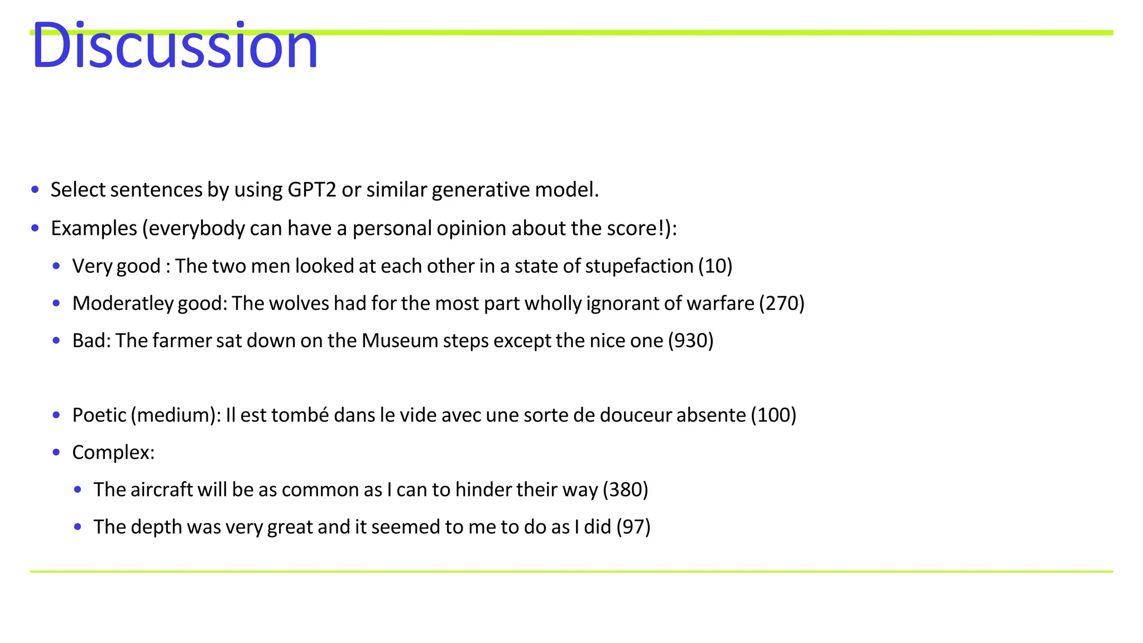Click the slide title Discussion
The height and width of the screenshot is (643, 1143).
[174, 46]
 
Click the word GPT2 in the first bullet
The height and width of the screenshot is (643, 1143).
[312, 190]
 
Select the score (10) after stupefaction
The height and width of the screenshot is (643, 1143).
[715, 266]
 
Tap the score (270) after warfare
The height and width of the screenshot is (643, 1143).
[781, 304]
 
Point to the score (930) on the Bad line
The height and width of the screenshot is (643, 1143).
[690, 340]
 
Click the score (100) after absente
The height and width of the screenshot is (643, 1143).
[773, 415]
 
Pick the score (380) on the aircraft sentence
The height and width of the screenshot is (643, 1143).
[625, 490]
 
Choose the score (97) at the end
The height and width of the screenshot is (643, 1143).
[633, 527]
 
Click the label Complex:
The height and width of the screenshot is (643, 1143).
[113, 453]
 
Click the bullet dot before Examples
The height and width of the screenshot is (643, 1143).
[35, 228]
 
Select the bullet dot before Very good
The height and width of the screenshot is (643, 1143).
[56, 266]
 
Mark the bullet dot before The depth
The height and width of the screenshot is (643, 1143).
[78, 527]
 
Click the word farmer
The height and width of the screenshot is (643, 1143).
[181, 340]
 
